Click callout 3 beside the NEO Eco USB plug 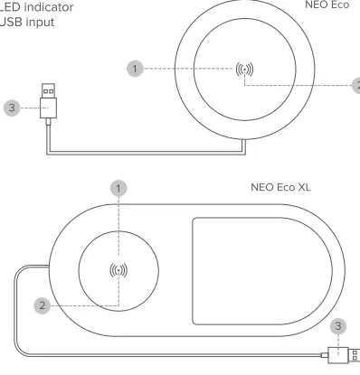[12, 108]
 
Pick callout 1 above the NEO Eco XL [118, 189]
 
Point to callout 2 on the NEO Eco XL [42, 306]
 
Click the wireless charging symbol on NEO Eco [244, 69]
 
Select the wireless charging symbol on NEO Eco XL [118, 269]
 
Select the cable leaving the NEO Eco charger [136, 150]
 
